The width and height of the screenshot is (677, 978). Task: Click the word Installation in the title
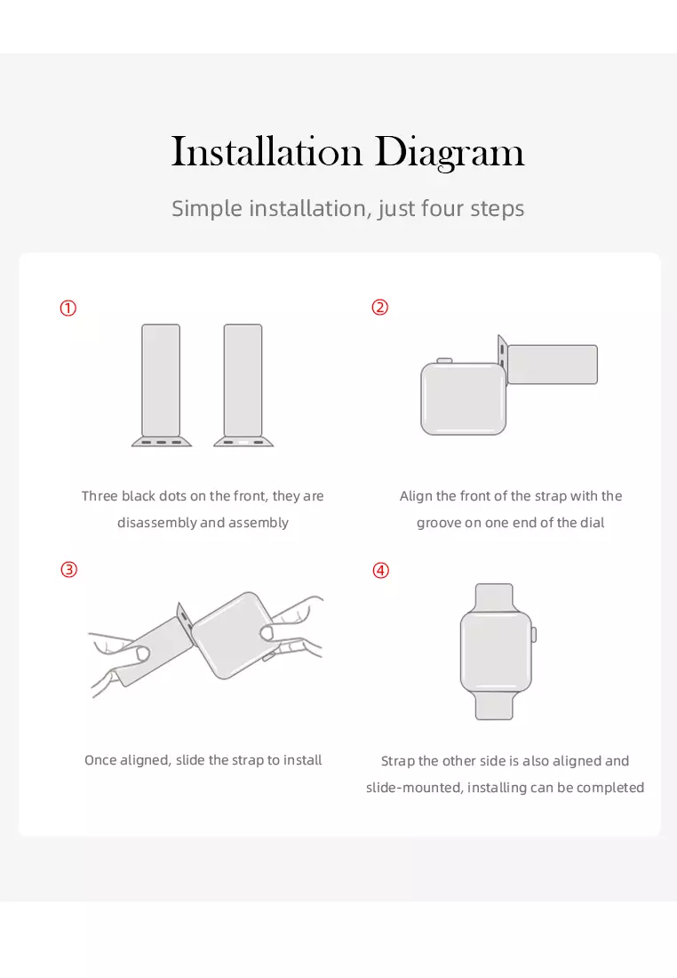267,151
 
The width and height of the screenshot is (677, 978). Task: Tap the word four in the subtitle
442,208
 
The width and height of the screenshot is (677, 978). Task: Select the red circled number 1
68,309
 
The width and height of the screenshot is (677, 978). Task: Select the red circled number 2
380,308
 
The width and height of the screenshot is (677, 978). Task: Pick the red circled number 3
68,569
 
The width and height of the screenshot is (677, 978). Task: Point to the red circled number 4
381,570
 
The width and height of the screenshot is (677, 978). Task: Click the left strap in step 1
161,381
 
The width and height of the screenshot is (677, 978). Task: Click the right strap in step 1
243,381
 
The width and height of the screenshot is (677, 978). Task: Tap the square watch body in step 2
463,398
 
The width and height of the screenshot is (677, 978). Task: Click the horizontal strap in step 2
553,365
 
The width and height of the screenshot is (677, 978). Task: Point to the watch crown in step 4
534,635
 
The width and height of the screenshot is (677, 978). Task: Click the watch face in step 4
496,651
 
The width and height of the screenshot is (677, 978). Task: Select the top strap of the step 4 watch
494,598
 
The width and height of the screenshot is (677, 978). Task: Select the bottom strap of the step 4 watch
494,705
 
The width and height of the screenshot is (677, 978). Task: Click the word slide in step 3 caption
190,759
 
